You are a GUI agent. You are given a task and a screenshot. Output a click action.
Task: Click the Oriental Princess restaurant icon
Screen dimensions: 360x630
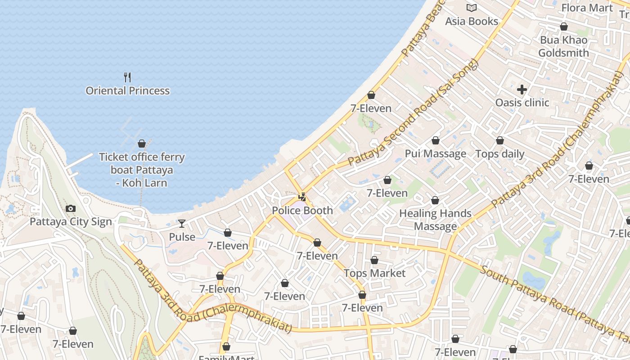tap(127, 77)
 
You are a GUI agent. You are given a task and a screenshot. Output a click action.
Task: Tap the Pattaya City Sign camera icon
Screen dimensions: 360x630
tap(71, 208)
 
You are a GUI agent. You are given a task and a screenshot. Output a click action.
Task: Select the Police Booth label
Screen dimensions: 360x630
tap(302, 210)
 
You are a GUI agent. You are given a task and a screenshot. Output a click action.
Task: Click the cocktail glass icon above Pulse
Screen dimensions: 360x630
tap(182, 224)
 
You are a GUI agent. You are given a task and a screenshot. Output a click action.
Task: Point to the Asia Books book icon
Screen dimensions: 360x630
tap(472, 8)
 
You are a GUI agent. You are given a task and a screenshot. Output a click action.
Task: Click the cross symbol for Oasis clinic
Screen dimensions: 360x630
tap(522, 90)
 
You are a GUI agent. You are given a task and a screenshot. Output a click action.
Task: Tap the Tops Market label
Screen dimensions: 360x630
tap(374, 273)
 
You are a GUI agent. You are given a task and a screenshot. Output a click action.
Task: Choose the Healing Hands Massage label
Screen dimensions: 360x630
tap(435, 220)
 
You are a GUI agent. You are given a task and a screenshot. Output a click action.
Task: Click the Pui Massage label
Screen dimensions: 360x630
tap(435, 153)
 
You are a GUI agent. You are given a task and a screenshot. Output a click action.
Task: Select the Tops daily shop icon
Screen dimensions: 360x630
tap(500, 141)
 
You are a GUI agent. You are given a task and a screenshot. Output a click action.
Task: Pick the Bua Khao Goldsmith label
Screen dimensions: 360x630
tap(563, 46)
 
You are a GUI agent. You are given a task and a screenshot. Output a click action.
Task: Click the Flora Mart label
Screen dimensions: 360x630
tap(587, 8)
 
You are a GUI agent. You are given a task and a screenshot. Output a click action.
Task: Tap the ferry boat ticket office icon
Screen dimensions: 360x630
tap(142, 144)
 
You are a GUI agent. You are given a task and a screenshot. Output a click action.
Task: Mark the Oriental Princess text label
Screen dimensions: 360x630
tap(127, 90)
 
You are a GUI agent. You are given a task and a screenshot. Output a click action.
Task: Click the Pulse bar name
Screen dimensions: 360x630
tap(182, 237)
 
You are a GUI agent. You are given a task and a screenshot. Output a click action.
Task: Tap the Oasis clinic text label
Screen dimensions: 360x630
tap(522, 103)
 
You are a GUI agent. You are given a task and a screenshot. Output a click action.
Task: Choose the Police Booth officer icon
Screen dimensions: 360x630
tap(302, 197)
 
